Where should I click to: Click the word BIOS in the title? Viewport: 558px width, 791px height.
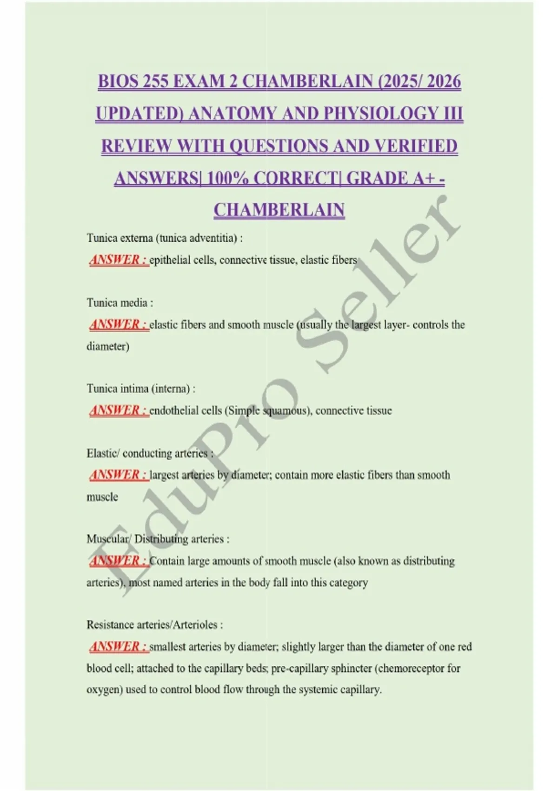[x=118, y=82]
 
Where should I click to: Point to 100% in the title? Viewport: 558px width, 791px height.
[x=227, y=178]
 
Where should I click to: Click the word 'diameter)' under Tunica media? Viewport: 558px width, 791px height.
[x=108, y=346]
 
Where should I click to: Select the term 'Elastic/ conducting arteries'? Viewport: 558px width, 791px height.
[x=147, y=453]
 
